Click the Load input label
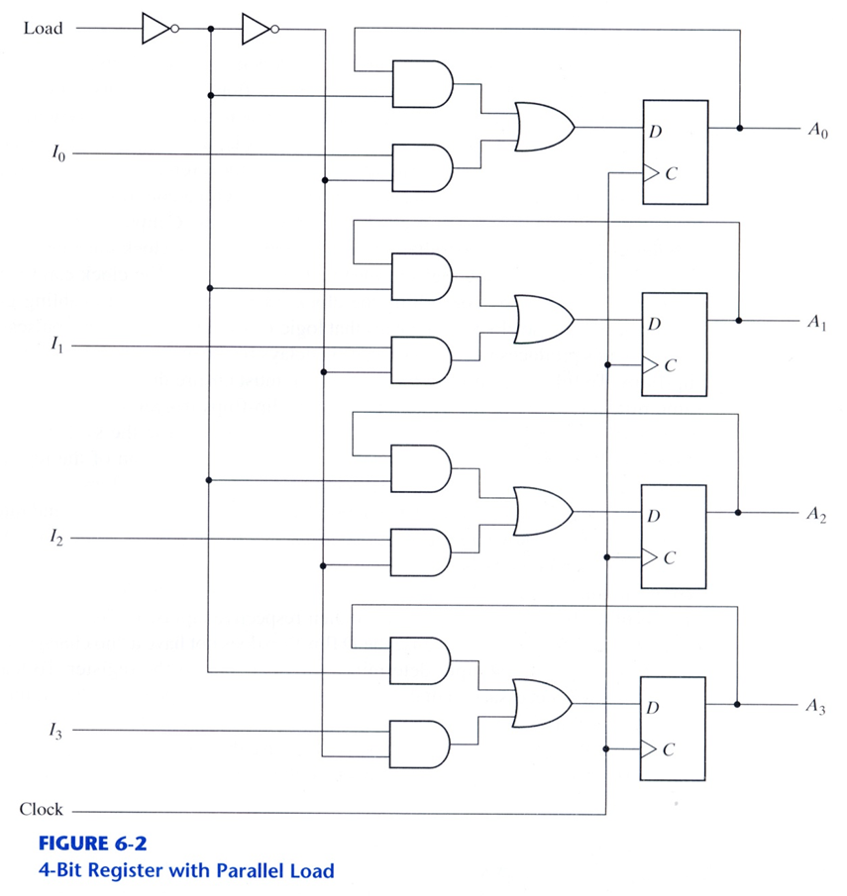[x=43, y=28]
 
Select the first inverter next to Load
[x=158, y=29]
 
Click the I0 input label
[x=56, y=154]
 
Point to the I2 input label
[x=56, y=540]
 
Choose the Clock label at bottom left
[x=41, y=809]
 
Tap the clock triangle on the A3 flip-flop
[x=649, y=750]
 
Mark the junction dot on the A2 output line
[x=738, y=513]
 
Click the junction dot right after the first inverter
[x=211, y=29]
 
